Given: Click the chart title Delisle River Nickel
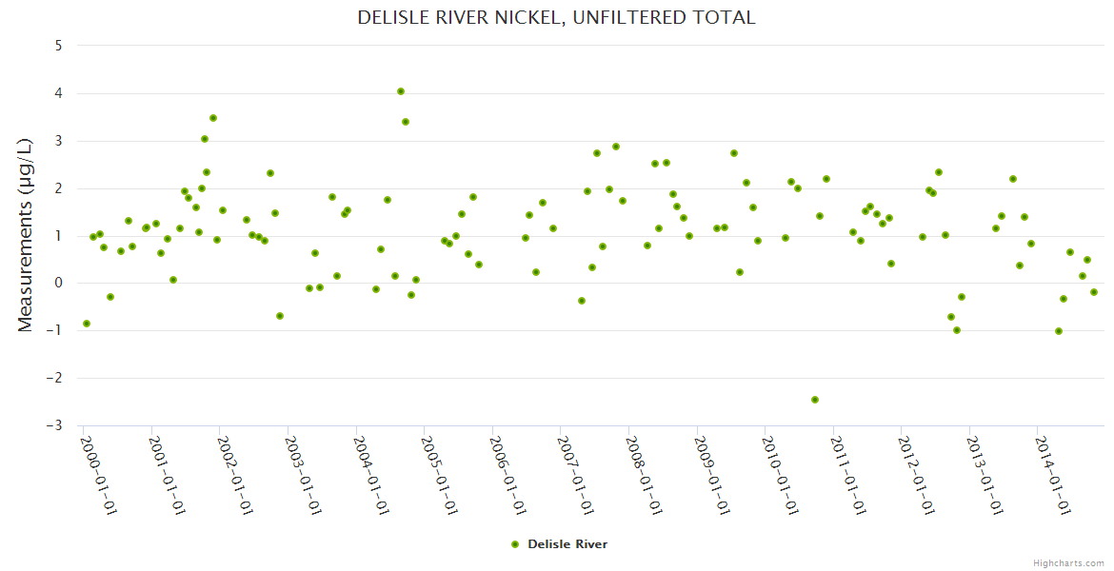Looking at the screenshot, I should pyautogui.click(x=556, y=17).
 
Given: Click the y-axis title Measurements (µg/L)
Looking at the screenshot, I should pyautogui.click(x=26, y=234).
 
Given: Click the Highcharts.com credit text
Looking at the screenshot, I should pyautogui.click(x=1068, y=562).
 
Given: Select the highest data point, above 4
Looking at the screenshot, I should pyautogui.click(x=401, y=91).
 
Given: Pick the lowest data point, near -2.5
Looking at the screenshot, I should pyautogui.click(x=815, y=400).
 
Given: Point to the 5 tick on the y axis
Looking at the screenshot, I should pyautogui.click(x=59, y=45).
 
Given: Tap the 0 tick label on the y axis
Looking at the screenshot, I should pyautogui.click(x=59, y=283).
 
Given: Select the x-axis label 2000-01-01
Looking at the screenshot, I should pyautogui.click(x=98, y=475).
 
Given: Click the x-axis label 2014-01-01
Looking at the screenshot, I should pyautogui.click(x=1053, y=475).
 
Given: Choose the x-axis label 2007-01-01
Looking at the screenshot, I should pyautogui.click(x=575, y=475).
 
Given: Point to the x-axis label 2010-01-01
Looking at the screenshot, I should pyautogui.click(x=780, y=475).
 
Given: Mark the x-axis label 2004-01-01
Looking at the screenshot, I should pyautogui.click(x=370, y=475).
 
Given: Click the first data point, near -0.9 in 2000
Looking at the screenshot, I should pyautogui.click(x=87, y=324).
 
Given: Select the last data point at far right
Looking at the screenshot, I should pyautogui.click(x=1094, y=292).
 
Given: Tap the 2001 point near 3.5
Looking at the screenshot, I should pyautogui.click(x=213, y=118).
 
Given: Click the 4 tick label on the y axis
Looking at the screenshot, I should pyautogui.click(x=59, y=92).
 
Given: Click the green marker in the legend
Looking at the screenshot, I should pyautogui.click(x=515, y=544).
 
